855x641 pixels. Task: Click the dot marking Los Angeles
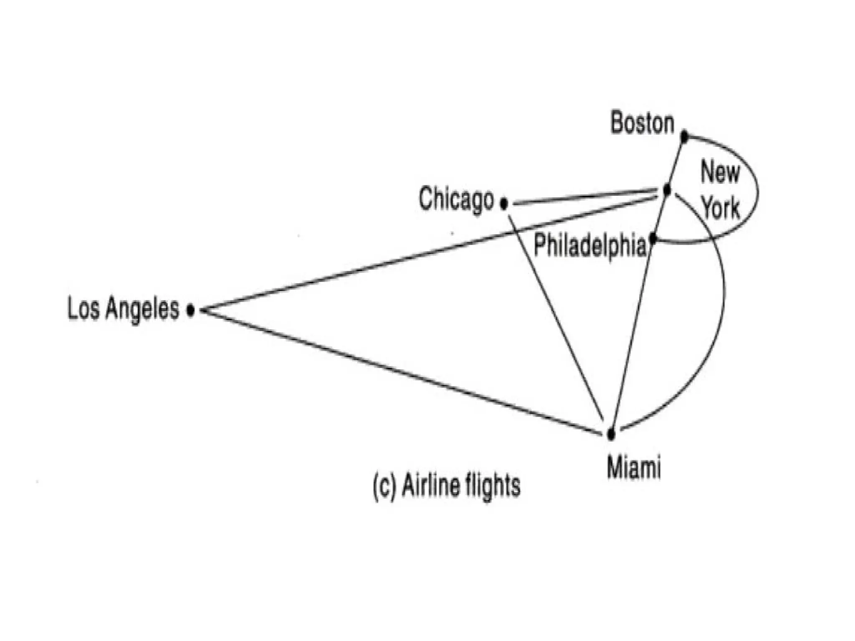point(190,310)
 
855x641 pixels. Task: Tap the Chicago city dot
point(504,204)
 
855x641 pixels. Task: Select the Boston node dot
point(684,136)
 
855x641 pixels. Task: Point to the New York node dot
point(667,190)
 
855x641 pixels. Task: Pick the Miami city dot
point(611,434)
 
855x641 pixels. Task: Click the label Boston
point(642,123)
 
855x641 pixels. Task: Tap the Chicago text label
point(456,199)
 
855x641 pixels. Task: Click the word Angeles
point(142,309)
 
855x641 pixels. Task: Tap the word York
point(721,207)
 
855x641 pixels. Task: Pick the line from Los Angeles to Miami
point(401,372)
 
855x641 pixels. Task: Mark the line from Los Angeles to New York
point(417,256)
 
